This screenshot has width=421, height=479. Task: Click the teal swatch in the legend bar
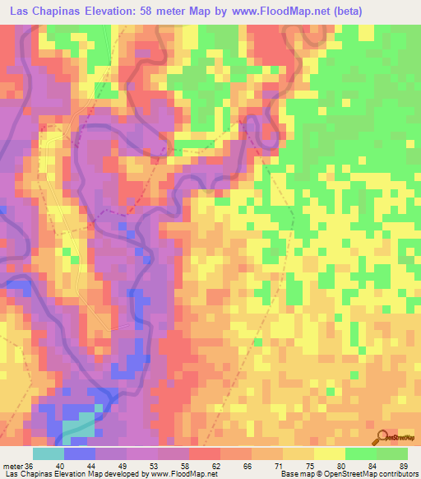pos(48,454)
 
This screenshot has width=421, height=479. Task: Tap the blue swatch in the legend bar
pos(79,454)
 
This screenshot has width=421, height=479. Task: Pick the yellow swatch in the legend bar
pos(330,454)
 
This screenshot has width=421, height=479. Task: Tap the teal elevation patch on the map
pos(79,424)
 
